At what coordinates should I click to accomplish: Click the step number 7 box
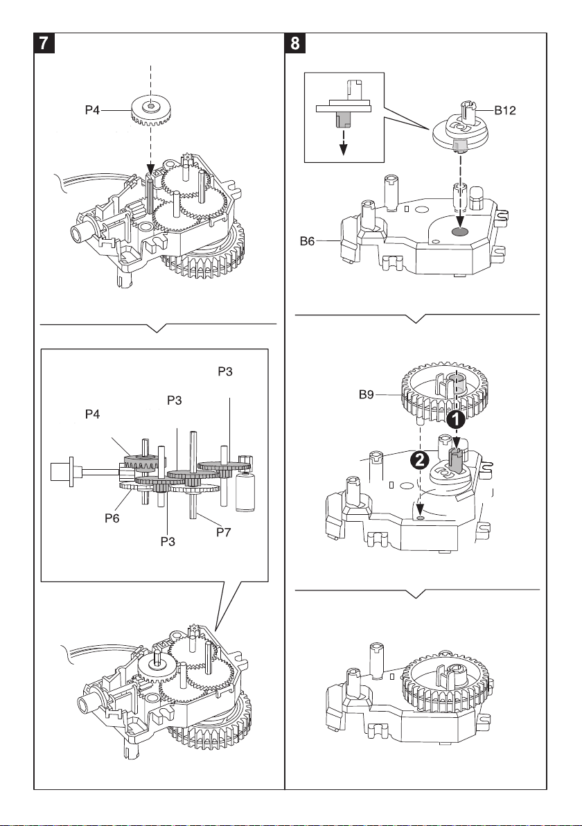(44, 43)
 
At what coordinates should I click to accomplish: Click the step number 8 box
(294, 43)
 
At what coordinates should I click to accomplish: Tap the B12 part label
(504, 111)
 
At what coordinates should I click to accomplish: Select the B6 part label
(307, 241)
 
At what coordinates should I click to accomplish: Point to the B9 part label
(366, 394)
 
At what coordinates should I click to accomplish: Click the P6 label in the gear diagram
(112, 518)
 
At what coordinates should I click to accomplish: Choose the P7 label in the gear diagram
(224, 532)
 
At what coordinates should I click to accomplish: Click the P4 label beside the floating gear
(92, 110)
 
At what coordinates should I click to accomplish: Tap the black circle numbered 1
(456, 419)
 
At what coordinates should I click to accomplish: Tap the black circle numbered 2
(419, 460)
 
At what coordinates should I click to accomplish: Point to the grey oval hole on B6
(460, 231)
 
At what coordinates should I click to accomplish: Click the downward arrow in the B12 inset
(344, 141)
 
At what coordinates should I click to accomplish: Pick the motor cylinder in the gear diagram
(245, 491)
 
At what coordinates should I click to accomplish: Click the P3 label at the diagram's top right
(225, 371)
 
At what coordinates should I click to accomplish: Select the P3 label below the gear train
(168, 541)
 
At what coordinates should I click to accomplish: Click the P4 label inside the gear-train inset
(92, 414)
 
